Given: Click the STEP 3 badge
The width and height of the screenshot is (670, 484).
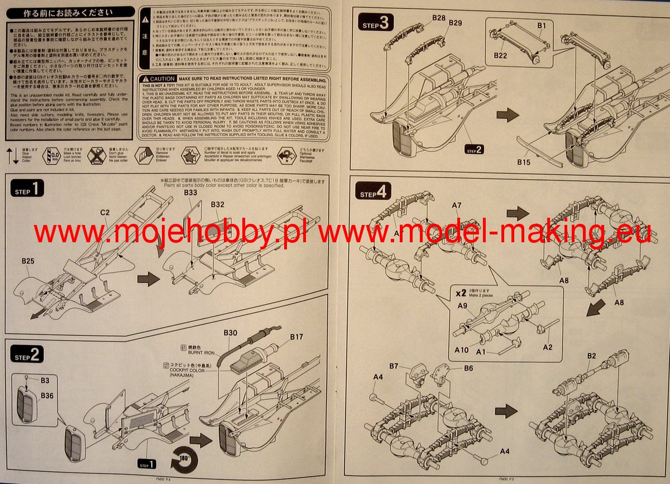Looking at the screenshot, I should pos(376,23).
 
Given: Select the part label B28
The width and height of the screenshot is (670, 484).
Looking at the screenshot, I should pos(439,18).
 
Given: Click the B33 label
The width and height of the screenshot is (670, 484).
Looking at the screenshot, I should pos(190,193).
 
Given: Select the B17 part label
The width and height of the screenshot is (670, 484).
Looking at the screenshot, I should pos(296,337).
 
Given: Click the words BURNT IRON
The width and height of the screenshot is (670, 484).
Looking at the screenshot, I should pos(203,353).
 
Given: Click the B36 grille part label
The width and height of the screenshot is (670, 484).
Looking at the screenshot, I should pos(47,395).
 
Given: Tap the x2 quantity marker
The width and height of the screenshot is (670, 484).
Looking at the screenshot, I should pos(461,293).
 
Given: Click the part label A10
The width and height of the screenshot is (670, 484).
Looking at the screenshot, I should pos(461,350).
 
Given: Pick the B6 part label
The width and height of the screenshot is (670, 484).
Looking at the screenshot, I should pos(468,368).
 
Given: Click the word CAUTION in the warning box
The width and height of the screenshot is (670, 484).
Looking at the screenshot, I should pos(162,79).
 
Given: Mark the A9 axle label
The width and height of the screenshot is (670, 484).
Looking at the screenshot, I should pos(462,306).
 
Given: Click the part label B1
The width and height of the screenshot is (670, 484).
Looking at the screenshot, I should pos(541,25).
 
